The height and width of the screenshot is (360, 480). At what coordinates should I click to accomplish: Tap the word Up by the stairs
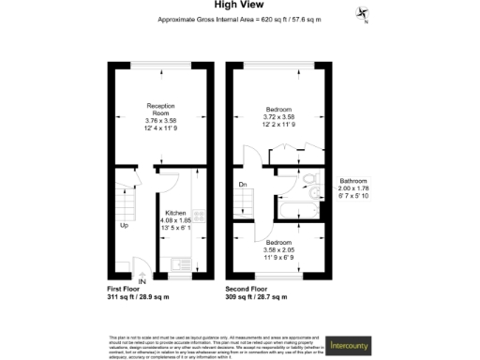click(123, 226)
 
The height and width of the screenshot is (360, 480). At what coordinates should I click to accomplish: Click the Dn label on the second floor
click(242, 186)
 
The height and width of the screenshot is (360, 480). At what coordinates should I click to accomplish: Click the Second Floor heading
click(250, 289)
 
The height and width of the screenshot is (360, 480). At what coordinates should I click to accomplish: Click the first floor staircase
click(123, 199)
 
